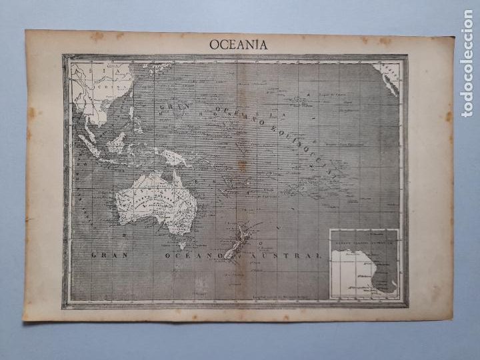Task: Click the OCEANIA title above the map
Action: pyautogui.click(x=238, y=45)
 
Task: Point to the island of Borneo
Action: pyautogui.click(x=118, y=142)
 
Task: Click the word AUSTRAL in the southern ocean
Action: pyautogui.click(x=296, y=255)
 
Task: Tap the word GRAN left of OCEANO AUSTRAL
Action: pyautogui.click(x=109, y=255)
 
